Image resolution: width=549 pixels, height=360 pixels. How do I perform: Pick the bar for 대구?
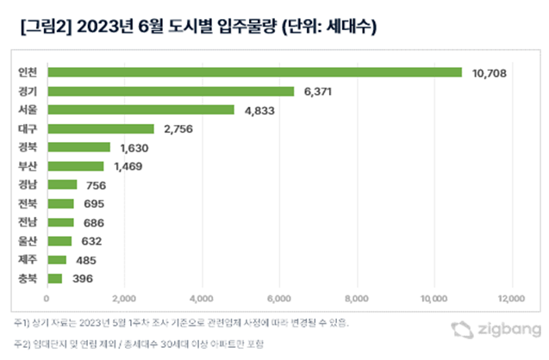click(x=100, y=128)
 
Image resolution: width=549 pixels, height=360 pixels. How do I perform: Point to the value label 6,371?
click(x=318, y=91)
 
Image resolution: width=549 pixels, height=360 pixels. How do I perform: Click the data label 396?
click(x=81, y=278)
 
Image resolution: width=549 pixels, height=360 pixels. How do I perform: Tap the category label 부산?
click(x=27, y=166)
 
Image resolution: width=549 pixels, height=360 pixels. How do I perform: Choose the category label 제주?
click(x=27, y=259)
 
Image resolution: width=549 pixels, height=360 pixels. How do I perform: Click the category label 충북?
click(x=27, y=278)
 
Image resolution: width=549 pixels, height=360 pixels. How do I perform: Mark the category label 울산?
click(x=27, y=241)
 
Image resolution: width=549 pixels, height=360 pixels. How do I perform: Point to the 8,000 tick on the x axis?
click(x=357, y=299)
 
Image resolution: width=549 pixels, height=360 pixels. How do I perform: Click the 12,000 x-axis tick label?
click(x=511, y=299)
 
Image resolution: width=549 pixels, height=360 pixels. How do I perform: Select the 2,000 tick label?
click(x=124, y=299)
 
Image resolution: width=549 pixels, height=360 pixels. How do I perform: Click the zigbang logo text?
click(x=503, y=328)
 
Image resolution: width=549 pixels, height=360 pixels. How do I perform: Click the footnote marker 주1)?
click(x=22, y=322)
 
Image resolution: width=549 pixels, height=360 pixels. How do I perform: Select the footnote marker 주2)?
click(x=22, y=344)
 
